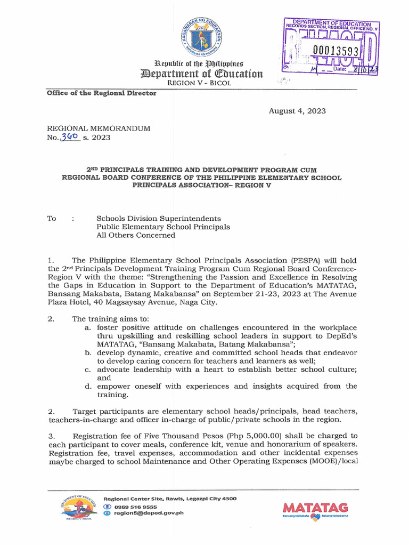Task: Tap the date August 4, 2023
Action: tap(297, 111)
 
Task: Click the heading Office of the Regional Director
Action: tap(101, 93)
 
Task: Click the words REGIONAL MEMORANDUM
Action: tap(99, 129)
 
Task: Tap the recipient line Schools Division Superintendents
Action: tap(158, 219)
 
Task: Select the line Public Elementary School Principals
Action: tap(163, 227)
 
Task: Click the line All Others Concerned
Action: tap(135, 235)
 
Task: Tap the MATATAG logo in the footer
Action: tap(315, 510)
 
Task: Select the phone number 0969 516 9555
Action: tap(134, 507)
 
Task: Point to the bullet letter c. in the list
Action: tap(88, 370)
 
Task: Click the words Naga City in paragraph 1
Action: tap(199, 302)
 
